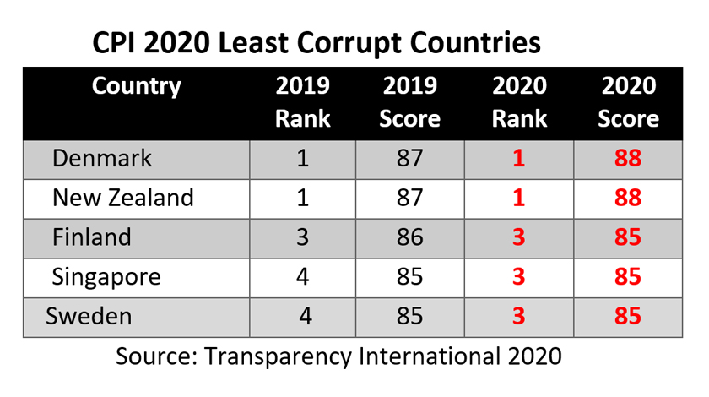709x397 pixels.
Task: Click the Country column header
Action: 136,86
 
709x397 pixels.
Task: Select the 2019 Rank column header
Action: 303,101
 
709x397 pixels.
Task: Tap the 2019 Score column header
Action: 409,101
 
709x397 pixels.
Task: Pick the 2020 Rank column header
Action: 519,101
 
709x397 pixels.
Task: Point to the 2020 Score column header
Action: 628,101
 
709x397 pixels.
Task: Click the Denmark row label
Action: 102,159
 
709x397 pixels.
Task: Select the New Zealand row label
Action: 123,198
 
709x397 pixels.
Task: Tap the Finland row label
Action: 92,237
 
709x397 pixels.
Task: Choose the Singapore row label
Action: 106,277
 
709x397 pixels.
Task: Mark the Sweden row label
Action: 89,317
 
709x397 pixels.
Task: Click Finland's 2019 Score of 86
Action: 409,237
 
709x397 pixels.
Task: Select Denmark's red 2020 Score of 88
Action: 628,159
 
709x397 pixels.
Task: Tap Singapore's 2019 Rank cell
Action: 303,277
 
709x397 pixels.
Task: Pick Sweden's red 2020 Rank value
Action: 519,317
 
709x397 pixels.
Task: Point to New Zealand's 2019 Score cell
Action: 409,198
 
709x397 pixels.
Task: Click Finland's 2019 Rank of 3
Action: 303,237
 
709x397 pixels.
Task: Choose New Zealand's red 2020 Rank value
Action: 519,198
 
